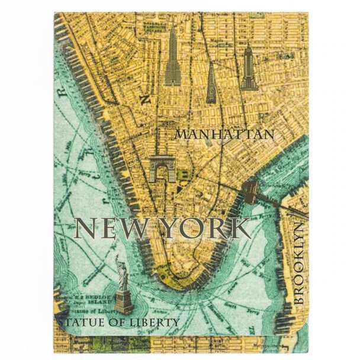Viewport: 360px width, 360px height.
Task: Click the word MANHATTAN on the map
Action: (x=224, y=134)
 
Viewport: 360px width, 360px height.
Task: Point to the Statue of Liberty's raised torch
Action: (x=117, y=257)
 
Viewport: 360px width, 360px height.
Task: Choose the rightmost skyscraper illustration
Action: (x=248, y=67)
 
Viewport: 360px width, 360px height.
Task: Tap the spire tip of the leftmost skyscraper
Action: (x=172, y=27)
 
